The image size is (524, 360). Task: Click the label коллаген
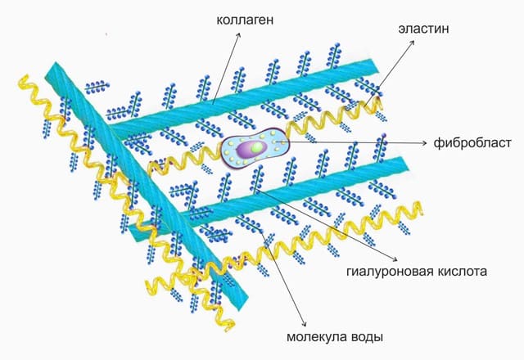(x=245, y=20)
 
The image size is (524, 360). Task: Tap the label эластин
(x=423, y=29)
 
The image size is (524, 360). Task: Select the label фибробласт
(x=472, y=143)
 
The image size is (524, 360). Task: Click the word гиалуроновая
(x=386, y=271)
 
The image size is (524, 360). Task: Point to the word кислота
(x=458, y=271)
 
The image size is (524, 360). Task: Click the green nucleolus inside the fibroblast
(x=257, y=147)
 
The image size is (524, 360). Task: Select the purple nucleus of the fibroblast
(x=251, y=148)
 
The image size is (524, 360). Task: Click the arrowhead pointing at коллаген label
(x=238, y=34)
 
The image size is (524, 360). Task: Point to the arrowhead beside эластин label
(x=413, y=42)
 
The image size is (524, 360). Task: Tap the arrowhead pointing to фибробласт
(x=425, y=143)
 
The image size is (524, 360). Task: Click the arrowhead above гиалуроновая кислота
(x=395, y=259)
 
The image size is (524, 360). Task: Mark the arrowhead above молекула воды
(x=305, y=324)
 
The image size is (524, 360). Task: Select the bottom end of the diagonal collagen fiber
(x=242, y=304)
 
